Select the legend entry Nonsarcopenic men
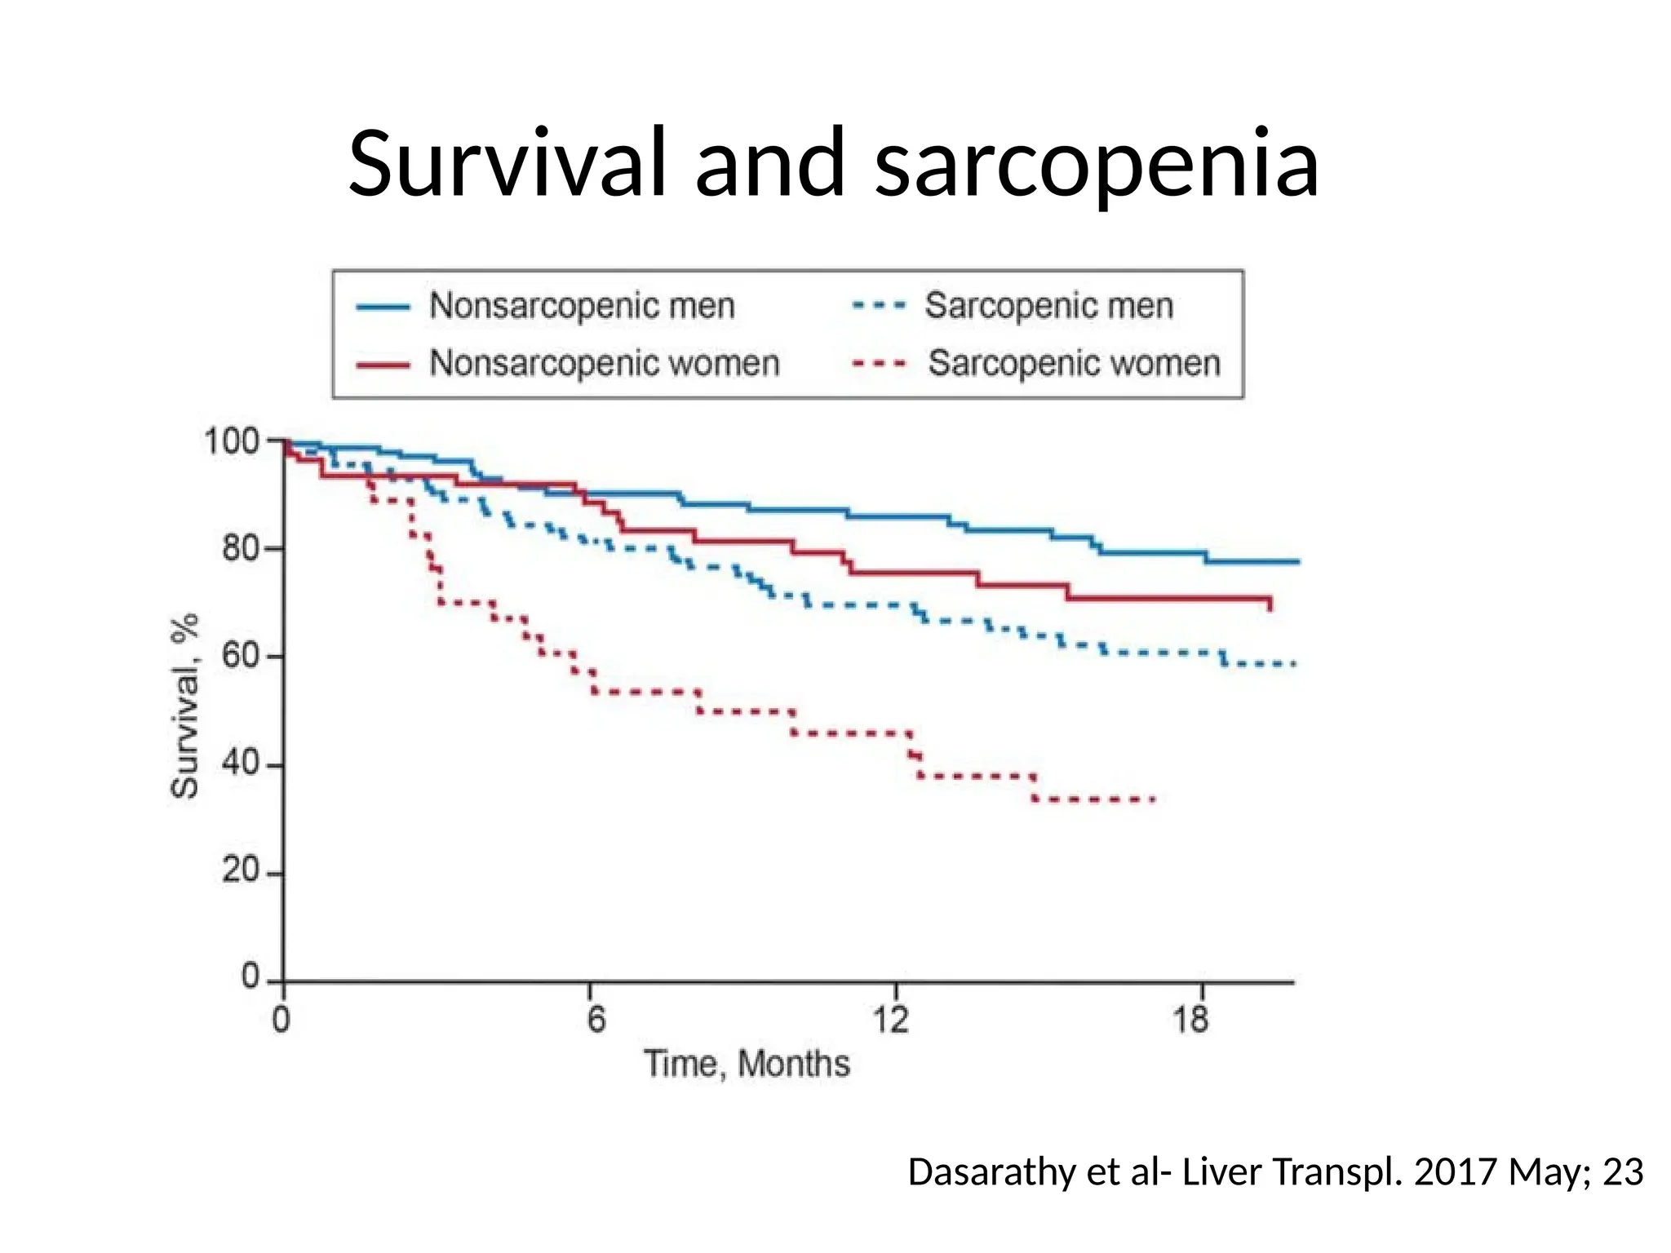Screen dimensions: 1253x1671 (582, 306)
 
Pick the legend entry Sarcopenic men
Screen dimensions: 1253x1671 (1048, 306)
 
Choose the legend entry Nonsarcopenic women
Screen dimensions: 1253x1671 (604, 363)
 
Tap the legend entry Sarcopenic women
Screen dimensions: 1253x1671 (1074, 363)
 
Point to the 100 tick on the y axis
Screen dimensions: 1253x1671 (231, 441)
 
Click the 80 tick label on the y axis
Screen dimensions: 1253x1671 (241, 549)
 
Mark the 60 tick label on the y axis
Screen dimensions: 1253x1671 (241, 656)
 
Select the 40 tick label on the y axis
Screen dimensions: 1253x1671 (241, 764)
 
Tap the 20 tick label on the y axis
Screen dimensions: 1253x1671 (241, 871)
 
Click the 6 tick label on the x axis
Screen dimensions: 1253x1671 (596, 1020)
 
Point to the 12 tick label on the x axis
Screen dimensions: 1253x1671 (891, 1020)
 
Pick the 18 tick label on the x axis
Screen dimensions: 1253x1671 (1190, 1020)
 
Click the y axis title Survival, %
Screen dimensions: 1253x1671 (185, 706)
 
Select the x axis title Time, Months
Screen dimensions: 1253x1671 (747, 1064)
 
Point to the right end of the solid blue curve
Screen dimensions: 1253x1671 (1298, 561)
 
